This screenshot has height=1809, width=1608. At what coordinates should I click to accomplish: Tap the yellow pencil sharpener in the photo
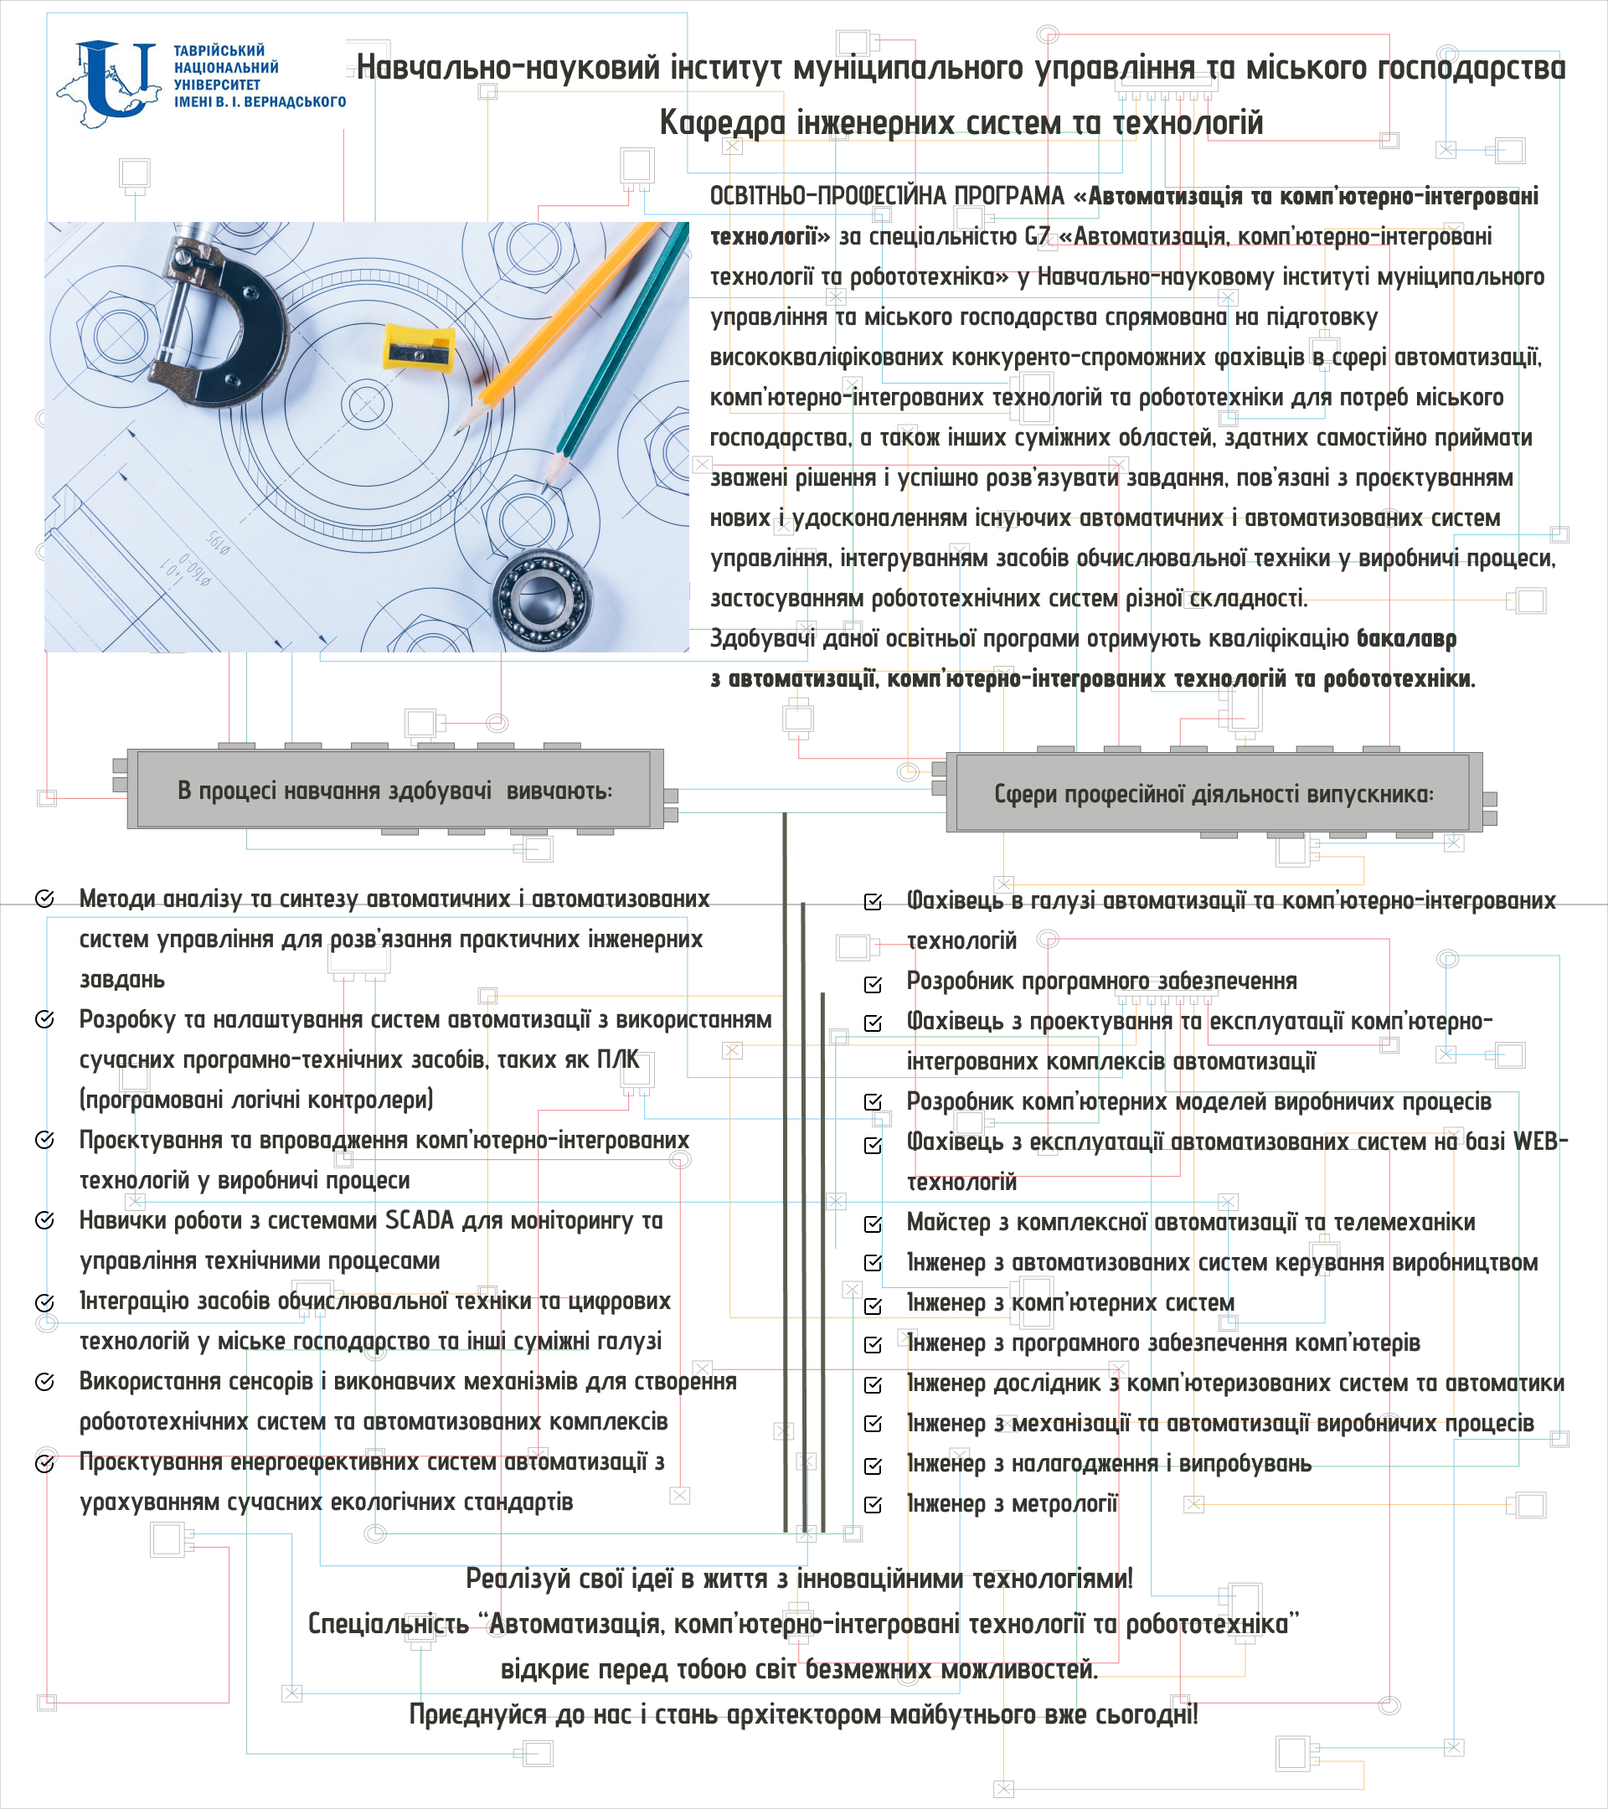419,348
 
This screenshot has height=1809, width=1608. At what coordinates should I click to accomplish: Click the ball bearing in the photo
543,598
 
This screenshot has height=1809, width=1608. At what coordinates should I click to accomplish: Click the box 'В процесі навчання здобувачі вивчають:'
394,791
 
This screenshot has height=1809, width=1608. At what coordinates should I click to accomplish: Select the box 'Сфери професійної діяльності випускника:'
1214,794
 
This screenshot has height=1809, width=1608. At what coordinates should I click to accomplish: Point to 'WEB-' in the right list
1540,1142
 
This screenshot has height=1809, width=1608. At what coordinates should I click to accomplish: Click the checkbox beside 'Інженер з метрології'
874,1504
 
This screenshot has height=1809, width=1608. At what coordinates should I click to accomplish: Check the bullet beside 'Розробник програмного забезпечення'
874,983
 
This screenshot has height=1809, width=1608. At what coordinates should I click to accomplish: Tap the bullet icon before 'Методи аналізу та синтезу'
44,899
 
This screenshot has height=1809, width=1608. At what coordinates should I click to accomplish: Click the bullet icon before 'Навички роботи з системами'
44,1220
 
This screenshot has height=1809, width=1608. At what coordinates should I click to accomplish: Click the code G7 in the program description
1036,236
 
